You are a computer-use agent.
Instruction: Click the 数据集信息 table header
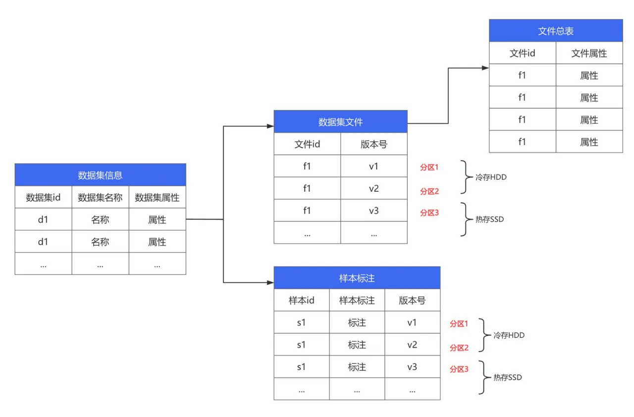(x=100, y=175)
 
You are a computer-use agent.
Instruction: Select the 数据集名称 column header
(x=100, y=198)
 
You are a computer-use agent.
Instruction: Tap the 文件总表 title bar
(x=556, y=31)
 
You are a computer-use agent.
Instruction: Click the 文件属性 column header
(x=589, y=53)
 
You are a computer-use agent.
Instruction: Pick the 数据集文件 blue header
(x=340, y=122)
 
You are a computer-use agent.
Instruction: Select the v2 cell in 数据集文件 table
(x=373, y=188)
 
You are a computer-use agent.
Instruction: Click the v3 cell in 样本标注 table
(x=412, y=367)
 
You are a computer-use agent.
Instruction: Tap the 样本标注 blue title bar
(x=357, y=278)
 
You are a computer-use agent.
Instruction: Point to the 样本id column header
(x=301, y=300)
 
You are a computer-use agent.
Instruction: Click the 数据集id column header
(x=43, y=198)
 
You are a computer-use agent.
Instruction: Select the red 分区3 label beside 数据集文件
(x=429, y=213)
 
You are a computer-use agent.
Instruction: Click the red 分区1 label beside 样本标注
(x=459, y=324)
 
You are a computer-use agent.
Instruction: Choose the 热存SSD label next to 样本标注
(x=508, y=377)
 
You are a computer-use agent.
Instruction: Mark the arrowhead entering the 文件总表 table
(x=485, y=68)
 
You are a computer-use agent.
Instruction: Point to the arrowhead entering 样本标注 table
(x=270, y=283)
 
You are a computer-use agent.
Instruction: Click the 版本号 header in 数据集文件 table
(x=373, y=144)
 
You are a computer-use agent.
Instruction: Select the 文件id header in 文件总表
(x=522, y=53)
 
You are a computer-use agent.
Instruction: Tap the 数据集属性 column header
(x=157, y=198)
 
